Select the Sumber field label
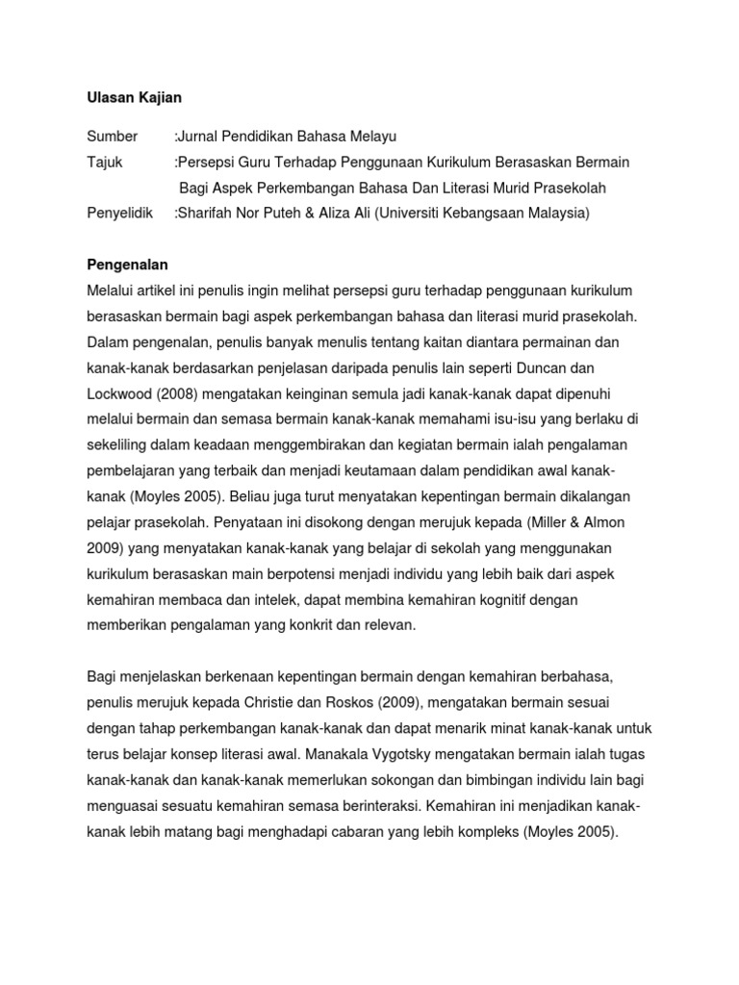pyautogui.click(x=112, y=137)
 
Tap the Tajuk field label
pyautogui.click(x=107, y=162)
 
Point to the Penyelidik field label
pyautogui.click(x=119, y=213)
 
